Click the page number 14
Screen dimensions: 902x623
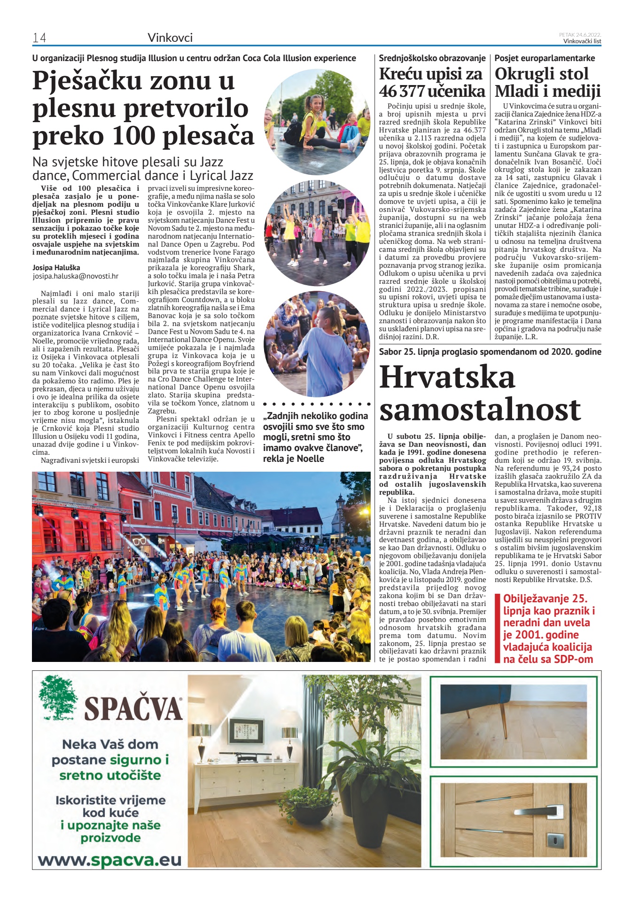[x=39, y=38]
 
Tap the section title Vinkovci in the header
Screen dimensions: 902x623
[x=170, y=38]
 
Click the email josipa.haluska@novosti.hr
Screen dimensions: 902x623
[x=75, y=276]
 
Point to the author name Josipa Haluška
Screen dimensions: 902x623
[x=56, y=267]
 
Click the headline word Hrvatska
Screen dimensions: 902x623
[x=447, y=377]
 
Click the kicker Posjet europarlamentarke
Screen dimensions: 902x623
[x=545, y=58]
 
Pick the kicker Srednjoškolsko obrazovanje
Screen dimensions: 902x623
[x=432, y=58]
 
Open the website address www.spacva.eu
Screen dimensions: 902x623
[x=109, y=860]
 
